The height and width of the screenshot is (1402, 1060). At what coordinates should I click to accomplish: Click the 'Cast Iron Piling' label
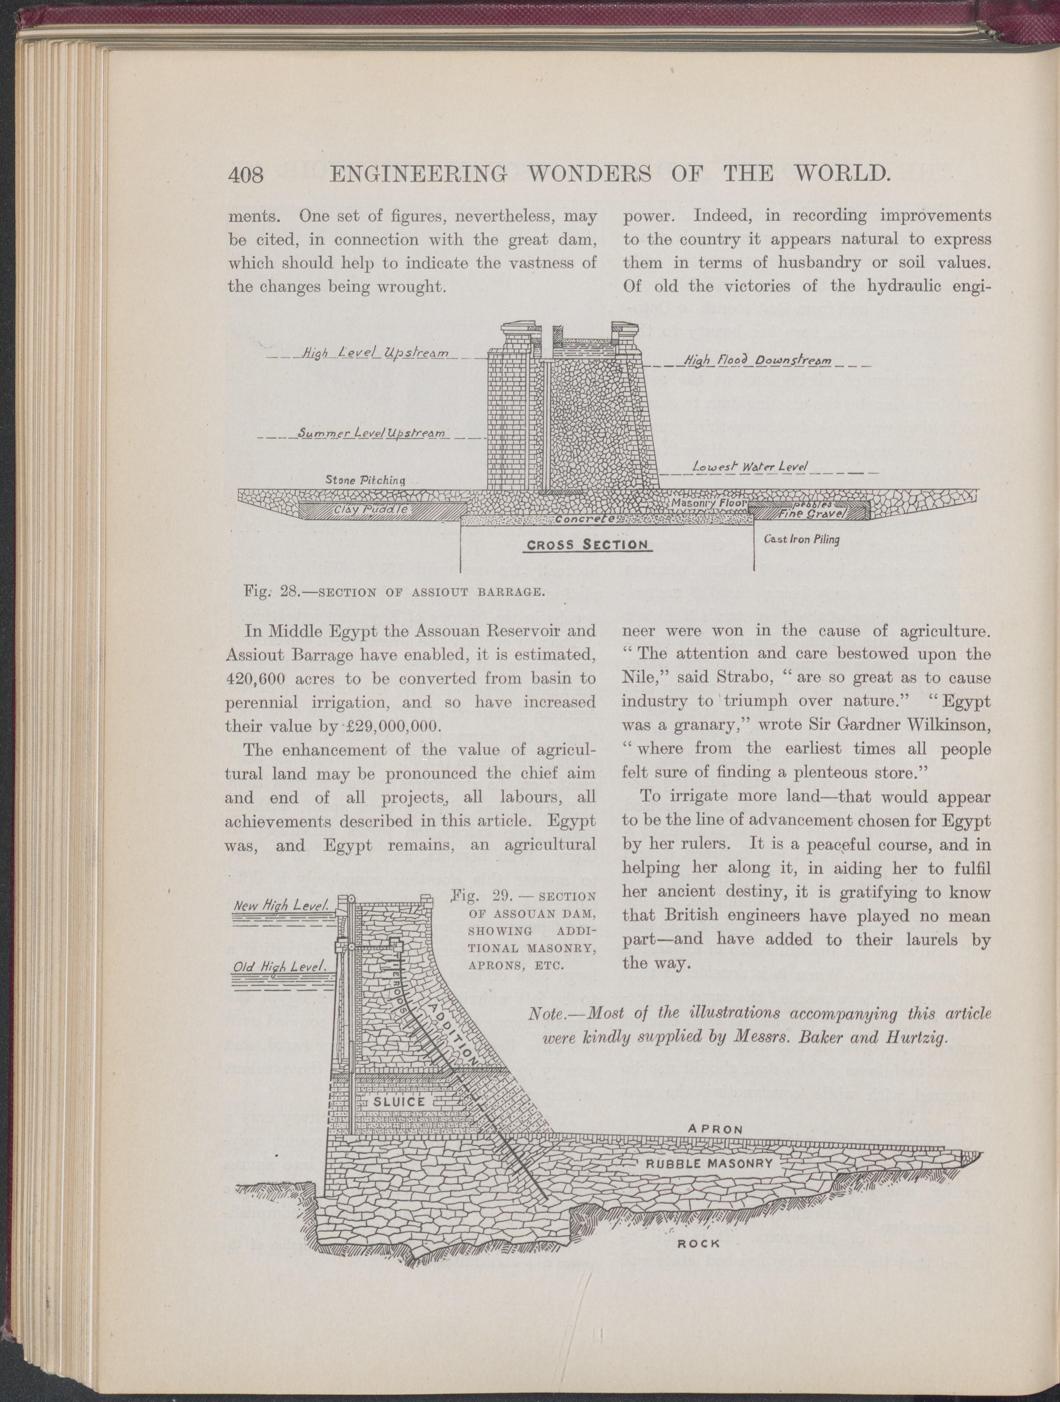802,540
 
